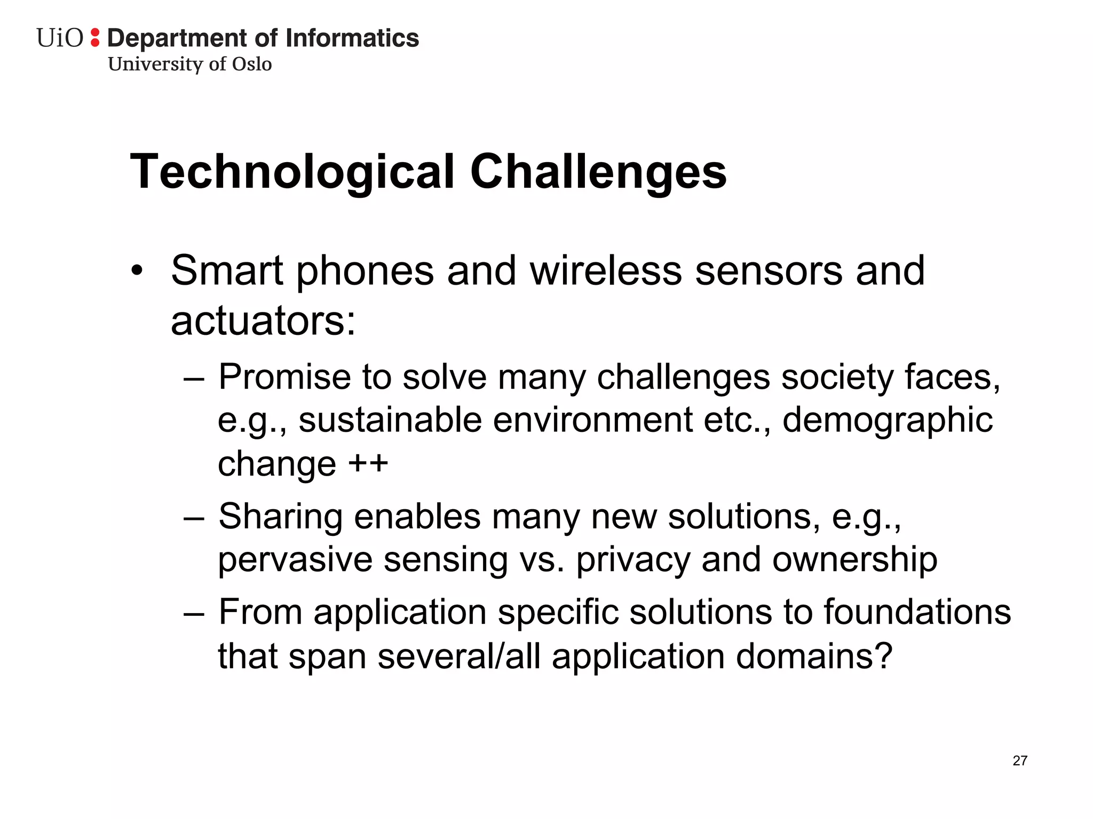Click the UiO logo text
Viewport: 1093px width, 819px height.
tap(60, 38)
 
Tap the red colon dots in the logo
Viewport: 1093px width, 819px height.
tap(95, 38)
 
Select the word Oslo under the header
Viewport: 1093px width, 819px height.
tap(251, 64)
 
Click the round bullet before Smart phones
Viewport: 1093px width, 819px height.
tap(137, 270)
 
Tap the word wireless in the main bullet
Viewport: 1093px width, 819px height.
tap(606, 270)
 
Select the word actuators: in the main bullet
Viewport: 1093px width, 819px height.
tap(263, 321)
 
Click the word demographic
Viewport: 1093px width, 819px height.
tap(887, 420)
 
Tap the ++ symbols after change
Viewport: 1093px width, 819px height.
tap(368, 463)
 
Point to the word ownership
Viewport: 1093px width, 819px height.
tap(854, 560)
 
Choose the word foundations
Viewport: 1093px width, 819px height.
tap(917, 612)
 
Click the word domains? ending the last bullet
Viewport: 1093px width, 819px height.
tap(814, 656)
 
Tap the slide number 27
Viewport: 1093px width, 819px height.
tap(1019, 761)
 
